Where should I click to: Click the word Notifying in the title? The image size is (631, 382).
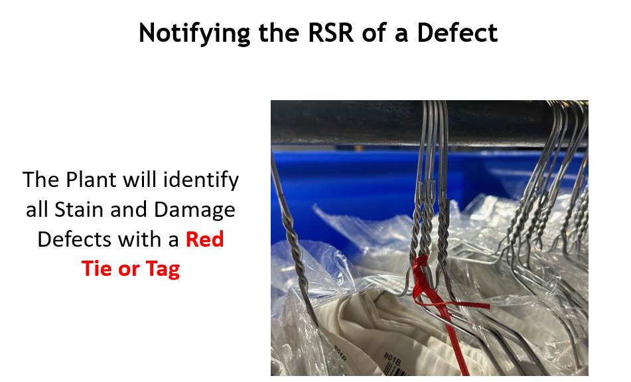pos(194,32)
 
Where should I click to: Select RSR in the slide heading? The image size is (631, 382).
pos(331,32)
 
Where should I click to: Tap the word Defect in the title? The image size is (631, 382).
pos(457,32)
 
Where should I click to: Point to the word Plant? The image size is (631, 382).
pos(92,179)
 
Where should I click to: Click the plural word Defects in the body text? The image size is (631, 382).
pos(74,239)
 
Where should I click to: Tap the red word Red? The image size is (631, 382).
pos(204,239)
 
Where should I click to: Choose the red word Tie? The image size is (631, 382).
pos(97,268)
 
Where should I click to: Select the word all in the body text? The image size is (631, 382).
pos(36,210)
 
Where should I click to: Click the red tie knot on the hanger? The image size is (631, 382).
pos(421,270)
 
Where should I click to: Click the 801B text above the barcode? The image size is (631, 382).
pos(392,359)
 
